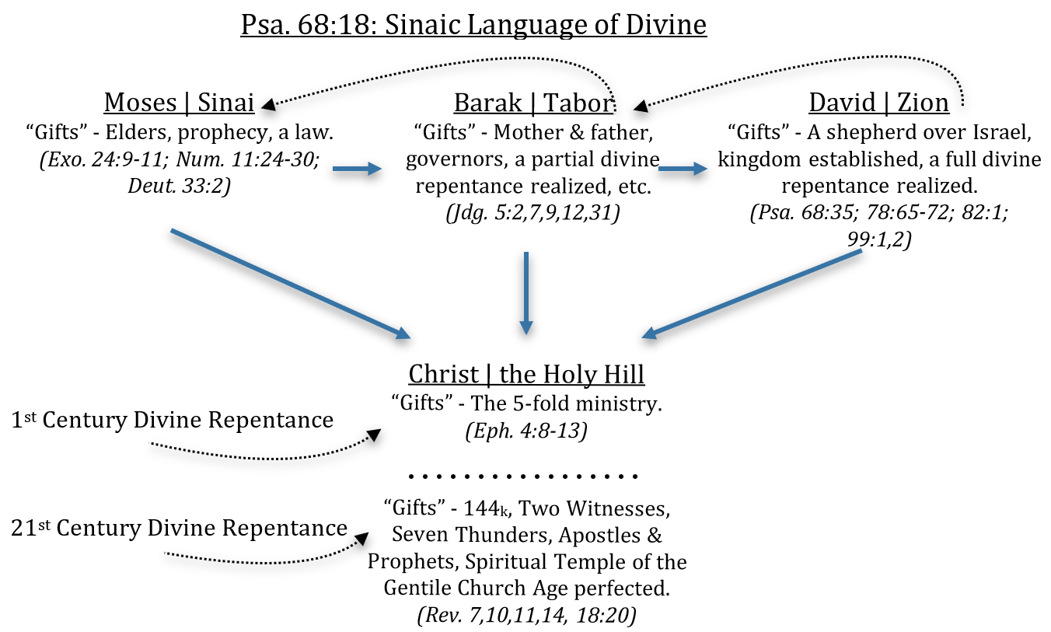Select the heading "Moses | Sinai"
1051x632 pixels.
coord(180,102)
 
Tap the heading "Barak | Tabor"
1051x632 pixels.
coord(533,102)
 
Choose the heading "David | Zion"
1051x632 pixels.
coord(878,102)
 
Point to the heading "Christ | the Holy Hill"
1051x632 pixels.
coord(526,374)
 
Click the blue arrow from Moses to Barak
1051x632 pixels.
coord(358,167)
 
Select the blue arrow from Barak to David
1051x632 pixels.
coord(683,167)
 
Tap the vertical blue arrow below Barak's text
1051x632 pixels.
coord(526,292)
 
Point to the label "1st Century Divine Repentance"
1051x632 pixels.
coord(173,421)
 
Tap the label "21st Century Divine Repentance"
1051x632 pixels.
coord(180,529)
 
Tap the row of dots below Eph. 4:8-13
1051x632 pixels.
coord(522,475)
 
